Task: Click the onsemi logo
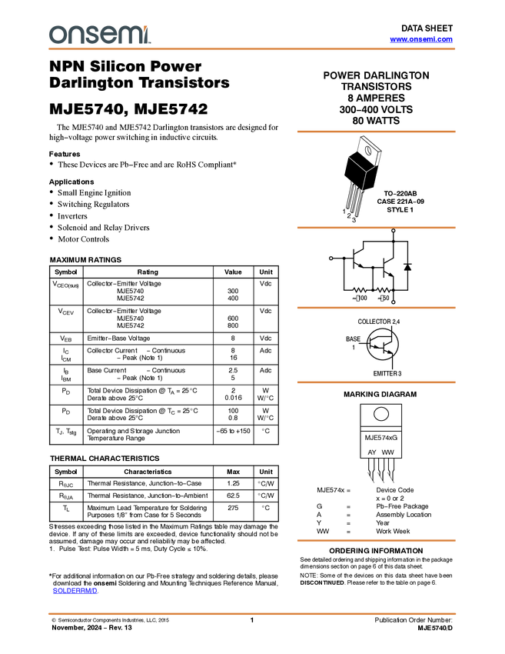tap(99, 35)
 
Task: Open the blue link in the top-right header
tap(421, 39)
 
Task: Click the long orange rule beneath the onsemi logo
tap(252, 49)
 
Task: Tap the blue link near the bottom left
tap(75, 591)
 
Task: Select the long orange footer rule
tap(252, 614)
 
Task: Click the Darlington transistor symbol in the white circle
tap(382, 344)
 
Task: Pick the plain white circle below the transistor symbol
tap(381, 414)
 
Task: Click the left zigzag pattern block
tap(360, 290)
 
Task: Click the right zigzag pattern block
tap(384, 290)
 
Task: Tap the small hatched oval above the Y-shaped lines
tap(368, 151)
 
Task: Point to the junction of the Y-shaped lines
tap(365, 172)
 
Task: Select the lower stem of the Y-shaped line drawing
tap(363, 182)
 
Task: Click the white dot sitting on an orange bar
tap(394, 230)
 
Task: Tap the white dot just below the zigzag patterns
tap(394, 302)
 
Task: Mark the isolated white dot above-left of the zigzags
tap(331, 259)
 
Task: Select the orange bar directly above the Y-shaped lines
tap(376, 132)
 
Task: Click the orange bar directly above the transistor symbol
tap(376, 308)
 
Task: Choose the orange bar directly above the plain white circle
tap(376, 382)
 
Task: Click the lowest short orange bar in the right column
tap(376, 540)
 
